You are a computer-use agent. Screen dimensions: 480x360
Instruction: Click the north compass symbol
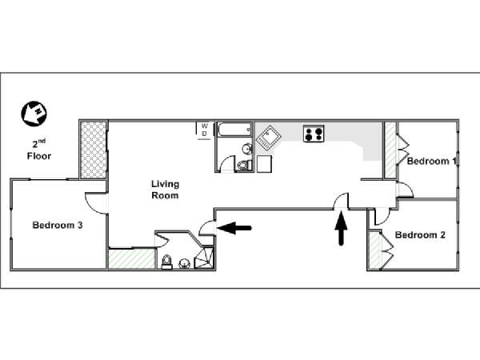click(x=34, y=114)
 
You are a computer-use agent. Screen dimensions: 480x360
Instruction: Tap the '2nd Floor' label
click(x=39, y=150)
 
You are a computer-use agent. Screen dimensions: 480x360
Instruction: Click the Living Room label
click(x=166, y=190)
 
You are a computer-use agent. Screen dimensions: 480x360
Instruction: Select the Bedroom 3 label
click(x=58, y=226)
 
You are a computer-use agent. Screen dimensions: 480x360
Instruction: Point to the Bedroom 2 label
click(x=420, y=234)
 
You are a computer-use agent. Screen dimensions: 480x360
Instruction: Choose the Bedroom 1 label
click(x=432, y=161)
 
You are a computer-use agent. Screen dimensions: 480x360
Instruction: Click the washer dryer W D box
click(x=204, y=130)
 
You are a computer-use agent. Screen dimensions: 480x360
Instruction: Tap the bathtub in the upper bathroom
click(x=234, y=130)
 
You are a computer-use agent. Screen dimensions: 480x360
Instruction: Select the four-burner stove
click(x=314, y=133)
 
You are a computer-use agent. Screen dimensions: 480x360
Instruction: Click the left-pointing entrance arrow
click(x=234, y=228)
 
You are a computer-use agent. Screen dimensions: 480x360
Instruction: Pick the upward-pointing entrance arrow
click(x=341, y=228)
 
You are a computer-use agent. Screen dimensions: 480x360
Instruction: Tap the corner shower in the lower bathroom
click(x=204, y=258)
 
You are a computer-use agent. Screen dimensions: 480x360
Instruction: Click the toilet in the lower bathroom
click(x=167, y=262)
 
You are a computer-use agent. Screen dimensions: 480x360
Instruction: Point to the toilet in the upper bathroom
click(x=244, y=166)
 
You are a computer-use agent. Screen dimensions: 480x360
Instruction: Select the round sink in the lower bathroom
click(x=184, y=263)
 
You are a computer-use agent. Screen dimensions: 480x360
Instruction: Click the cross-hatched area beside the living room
click(x=94, y=150)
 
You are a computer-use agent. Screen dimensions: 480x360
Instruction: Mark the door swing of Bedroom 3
click(x=97, y=202)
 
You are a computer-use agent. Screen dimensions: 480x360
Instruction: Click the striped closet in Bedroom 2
click(x=374, y=250)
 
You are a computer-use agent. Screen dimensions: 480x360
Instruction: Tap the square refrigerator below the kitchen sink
click(x=264, y=164)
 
